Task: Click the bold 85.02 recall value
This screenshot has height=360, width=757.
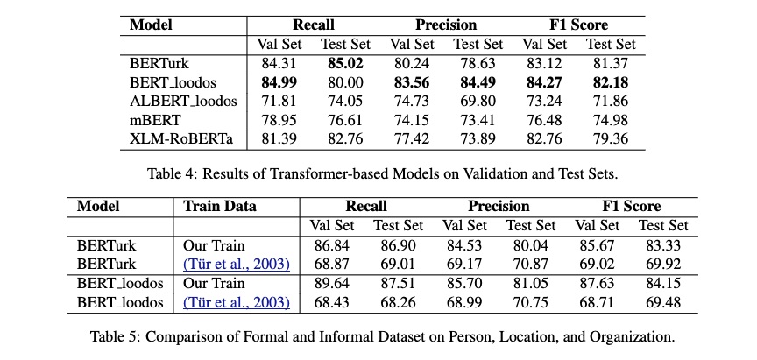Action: [346, 64]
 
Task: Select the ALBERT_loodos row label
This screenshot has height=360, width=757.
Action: [183, 102]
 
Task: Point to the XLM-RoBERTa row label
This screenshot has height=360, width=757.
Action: [181, 139]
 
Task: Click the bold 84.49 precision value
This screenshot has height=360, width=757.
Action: [478, 82]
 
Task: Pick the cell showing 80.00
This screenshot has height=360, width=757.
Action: [346, 82]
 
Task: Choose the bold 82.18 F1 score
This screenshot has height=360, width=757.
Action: [611, 82]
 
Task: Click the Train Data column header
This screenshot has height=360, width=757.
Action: [220, 207]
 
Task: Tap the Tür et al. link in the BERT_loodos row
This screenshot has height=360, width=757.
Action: [236, 302]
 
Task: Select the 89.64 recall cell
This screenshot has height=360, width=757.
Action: [332, 283]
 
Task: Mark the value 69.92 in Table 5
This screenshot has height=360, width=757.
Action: [663, 265]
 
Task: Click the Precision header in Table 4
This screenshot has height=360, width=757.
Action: [446, 25]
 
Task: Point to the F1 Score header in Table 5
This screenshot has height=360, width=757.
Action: [632, 207]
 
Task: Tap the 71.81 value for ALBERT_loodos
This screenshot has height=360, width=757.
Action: [279, 102]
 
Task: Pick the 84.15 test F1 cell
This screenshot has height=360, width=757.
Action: [663, 283]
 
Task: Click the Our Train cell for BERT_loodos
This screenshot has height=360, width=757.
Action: [214, 283]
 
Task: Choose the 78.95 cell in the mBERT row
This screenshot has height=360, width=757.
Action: [279, 120]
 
